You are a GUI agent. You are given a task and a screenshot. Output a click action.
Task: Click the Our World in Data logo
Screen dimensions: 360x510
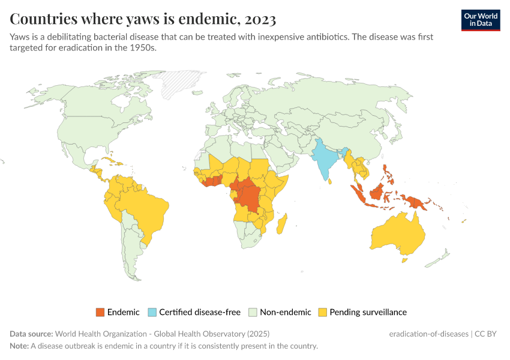pyautogui.click(x=480, y=20)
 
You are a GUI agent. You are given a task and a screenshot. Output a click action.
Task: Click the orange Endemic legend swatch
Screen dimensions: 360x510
pyautogui.click(x=100, y=312)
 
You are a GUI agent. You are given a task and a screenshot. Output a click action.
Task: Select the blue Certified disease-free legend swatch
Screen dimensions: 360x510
pyautogui.click(x=152, y=312)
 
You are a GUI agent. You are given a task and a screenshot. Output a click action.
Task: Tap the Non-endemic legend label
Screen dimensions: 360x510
pyautogui.click(x=285, y=312)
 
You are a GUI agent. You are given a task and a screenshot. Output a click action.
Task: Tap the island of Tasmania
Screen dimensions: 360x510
pyautogui.click(x=404, y=260)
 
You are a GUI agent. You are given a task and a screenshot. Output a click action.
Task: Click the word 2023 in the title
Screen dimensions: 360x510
pyautogui.click(x=259, y=19)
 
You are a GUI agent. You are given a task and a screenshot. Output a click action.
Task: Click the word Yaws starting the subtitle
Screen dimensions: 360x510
pyautogui.click(x=20, y=37)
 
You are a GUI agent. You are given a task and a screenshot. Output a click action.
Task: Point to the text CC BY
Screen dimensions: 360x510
pyautogui.click(x=487, y=334)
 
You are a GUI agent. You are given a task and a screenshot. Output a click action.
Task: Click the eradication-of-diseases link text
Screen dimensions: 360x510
pyautogui.click(x=428, y=334)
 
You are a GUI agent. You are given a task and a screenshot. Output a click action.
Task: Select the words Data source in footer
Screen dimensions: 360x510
pyautogui.click(x=31, y=334)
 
